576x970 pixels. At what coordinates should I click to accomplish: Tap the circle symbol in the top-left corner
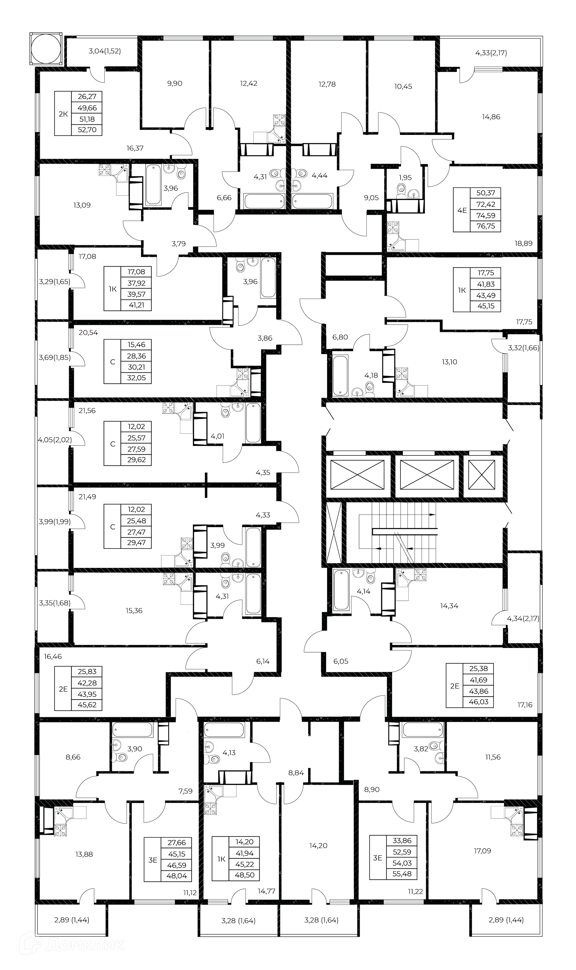click(46, 49)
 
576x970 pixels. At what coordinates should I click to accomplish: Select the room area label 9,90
click(175, 83)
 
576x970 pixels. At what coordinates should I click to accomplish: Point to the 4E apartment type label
click(462, 210)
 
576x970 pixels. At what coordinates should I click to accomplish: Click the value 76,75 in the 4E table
click(486, 226)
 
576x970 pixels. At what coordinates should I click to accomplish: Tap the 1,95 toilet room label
click(405, 178)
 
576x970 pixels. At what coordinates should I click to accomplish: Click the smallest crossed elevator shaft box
click(482, 475)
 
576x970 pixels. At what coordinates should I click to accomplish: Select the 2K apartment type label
click(63, 114)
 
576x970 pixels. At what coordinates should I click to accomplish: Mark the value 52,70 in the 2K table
click(87, 130)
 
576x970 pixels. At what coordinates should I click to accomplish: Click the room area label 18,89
click(523, 243)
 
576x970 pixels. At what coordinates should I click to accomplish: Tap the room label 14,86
click(491, 117)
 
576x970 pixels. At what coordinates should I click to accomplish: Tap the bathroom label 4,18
click(371, 375)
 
